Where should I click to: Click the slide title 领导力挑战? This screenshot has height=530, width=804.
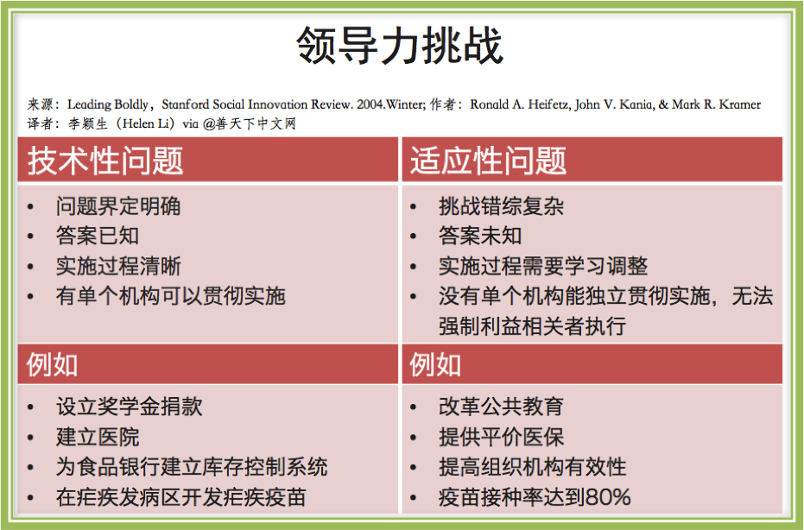(400, 46)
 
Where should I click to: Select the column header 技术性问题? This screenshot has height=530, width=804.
(105, 161)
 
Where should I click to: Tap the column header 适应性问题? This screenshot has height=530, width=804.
(488, 161)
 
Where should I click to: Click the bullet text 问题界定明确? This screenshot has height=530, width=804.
(118, 206)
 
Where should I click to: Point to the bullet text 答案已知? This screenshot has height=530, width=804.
(98, 236)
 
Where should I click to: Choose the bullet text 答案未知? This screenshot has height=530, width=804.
(480, 236)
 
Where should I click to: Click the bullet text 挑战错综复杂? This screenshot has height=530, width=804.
(502, 206)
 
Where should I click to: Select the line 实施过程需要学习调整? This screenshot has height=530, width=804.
(543, 266)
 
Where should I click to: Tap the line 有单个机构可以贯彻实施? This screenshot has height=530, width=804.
(171, 296)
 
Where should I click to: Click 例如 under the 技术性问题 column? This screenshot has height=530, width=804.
(53, 365)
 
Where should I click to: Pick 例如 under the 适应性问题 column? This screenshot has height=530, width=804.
(435, 365)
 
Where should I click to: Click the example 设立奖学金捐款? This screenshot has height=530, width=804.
(130, 407)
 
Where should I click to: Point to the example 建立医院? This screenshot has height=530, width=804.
(98, 437)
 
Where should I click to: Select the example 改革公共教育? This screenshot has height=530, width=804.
(502, 407)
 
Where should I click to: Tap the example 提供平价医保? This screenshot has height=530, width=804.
(502, 437)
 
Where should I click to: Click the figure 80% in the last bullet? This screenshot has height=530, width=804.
(608, 497)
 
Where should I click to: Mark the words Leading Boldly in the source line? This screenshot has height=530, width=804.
(108, 104)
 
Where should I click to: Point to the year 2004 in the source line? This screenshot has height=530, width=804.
(370, 104)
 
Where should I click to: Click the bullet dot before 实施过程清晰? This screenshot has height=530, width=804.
(31, 267)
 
